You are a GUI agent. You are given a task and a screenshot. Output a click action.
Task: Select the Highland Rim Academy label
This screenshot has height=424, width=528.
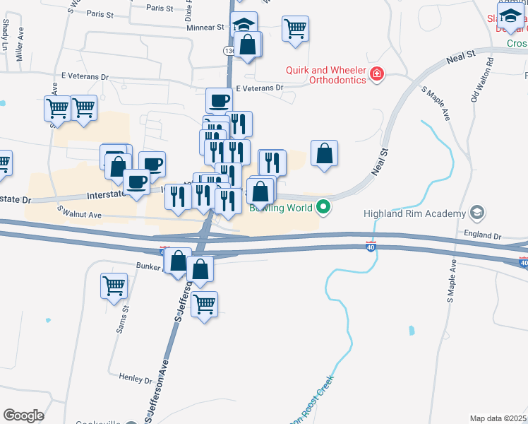coord(414,213)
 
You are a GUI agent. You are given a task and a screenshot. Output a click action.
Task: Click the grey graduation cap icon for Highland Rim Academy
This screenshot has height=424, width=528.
coord(476,213)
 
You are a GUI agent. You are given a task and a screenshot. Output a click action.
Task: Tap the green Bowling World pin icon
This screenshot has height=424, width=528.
coord(323,208)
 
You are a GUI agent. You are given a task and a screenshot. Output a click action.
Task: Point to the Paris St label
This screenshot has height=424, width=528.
coord(160,8)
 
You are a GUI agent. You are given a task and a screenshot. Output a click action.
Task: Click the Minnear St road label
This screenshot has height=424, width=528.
coord(205,28)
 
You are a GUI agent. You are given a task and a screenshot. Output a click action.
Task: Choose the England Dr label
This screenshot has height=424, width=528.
coord(483,236)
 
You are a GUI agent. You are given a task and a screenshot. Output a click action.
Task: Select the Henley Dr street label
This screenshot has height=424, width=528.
coord(136,379)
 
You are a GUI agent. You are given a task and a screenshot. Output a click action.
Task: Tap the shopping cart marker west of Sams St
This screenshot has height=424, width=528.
coord(114,286)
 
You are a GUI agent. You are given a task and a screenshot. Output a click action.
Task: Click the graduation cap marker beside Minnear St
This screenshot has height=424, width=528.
coord(244,25)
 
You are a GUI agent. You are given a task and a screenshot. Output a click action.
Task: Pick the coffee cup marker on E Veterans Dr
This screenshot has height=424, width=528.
coord(219,100)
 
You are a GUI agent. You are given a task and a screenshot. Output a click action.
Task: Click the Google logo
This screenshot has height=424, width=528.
coord(23,416)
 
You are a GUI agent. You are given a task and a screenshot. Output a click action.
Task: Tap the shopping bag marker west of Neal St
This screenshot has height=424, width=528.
coord(324,153)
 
